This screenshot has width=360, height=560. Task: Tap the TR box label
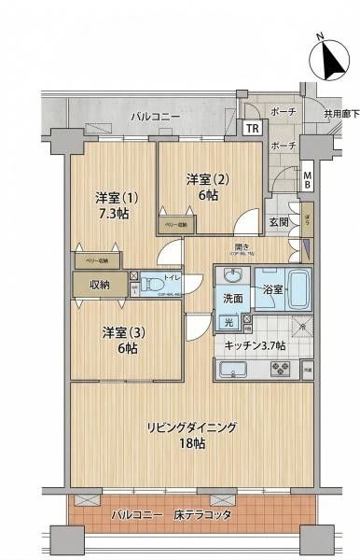(253, 129)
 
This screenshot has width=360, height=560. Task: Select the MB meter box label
(308, 178)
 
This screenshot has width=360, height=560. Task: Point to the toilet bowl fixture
(139, 281)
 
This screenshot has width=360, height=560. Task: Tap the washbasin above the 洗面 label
(231, 276)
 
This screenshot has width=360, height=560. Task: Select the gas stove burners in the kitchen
(279, 368)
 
